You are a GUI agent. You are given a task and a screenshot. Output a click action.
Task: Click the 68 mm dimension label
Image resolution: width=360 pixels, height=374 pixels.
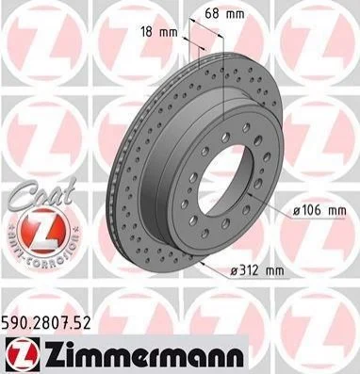tap(224, 13)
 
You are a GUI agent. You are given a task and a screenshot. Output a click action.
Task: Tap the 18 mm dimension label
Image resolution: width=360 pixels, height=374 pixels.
tap(159, 32)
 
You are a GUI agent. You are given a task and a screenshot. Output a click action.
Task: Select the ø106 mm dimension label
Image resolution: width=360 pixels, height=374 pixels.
tap(319, 210)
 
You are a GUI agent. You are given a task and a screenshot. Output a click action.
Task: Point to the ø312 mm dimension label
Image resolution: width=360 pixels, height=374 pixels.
tap(256, 269)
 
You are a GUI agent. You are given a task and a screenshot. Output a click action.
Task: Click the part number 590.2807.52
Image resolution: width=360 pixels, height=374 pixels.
tap(46, 322)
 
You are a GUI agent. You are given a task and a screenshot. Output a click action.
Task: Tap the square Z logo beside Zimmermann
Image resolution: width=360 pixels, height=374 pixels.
tap(23, 355)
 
